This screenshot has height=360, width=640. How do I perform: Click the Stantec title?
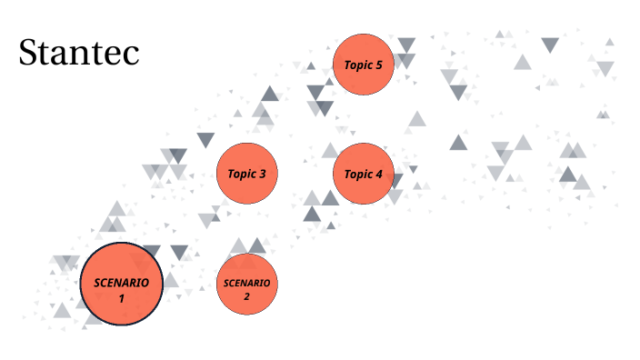79,54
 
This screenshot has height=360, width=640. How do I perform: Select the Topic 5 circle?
364,65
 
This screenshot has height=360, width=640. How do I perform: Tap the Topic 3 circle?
246,174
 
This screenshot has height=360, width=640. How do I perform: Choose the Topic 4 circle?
364,174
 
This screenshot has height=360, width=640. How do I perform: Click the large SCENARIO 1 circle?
121,284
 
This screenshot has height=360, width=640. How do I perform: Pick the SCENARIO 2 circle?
246,285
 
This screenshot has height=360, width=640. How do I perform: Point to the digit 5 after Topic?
379,65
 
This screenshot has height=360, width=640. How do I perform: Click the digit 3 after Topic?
263,174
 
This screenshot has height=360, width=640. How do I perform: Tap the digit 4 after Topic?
379,174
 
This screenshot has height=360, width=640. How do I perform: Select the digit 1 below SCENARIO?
121,297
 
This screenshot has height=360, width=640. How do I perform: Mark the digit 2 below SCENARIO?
246,295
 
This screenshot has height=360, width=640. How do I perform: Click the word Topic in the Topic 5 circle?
357,65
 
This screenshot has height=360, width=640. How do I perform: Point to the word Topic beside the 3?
241,174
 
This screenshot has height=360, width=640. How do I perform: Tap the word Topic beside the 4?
357,174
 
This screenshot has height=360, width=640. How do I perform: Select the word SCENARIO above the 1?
121,283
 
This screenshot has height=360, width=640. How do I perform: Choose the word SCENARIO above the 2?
246,283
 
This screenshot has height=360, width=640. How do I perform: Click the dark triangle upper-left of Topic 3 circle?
206,140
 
